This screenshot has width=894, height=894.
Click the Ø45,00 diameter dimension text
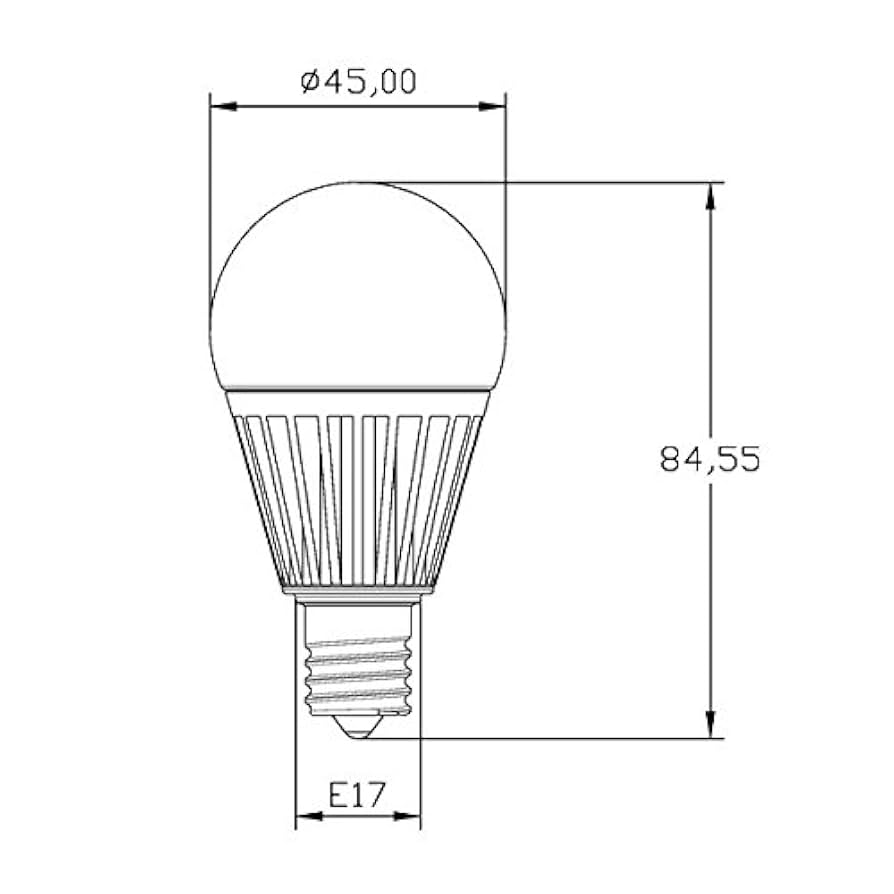[x=358, y=81]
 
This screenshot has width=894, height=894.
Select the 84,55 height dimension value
[x=711, y=458]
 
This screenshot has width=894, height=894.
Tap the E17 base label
[x=358, y=796]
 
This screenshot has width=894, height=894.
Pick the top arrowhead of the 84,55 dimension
[x=711, y=195]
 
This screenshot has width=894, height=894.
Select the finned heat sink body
[x=358, y=495]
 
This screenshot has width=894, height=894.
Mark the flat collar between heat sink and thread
[x=358, y=594]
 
